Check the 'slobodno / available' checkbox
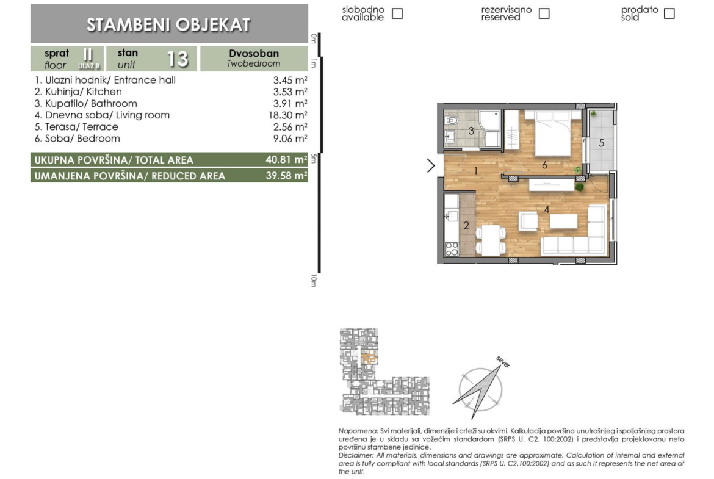pos(397,13)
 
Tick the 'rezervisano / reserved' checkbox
pos(544,13)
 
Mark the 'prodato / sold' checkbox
pos(669,13)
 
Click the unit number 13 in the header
pos(178,59)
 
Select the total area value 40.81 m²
pos(286,159)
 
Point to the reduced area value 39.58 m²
pos(286,175)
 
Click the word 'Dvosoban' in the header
pos(254,53)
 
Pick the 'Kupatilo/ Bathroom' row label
pos(90,103)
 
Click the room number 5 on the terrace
pos(602,143)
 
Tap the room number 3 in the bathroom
pos(471,131)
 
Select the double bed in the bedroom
pos(553,133)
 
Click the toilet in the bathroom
pos(452,121)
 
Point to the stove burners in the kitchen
pos(452,248)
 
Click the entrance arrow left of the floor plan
pos(431,165)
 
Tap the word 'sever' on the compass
pos(503,361)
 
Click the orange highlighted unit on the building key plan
pos(369,358)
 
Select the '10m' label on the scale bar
pos(313,281)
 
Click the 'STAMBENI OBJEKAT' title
pos(168,24)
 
